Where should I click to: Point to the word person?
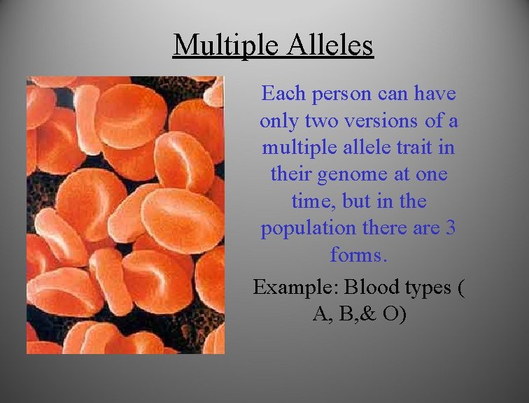[x=334, y=93]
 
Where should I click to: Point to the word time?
[x=309, y=201]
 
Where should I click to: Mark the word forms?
[x=358, y=255]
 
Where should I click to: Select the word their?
[x=292, y=175]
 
